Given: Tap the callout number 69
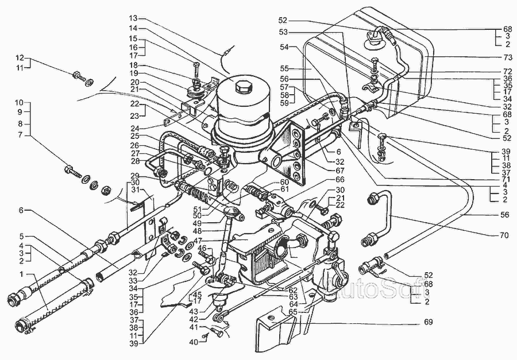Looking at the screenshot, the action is coord(428,322).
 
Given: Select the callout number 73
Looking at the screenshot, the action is coord(507,57).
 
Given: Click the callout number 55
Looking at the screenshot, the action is coord(284,68).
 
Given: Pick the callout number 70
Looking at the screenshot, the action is coord(504,235).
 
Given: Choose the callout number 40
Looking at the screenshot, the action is coord(194,342).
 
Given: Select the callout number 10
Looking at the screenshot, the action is coord(19,102).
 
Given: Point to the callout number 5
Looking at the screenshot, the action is coord(21,236).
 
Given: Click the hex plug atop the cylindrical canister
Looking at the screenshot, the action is coord(244,88).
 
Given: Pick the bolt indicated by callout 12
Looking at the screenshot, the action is coord(82,77).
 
